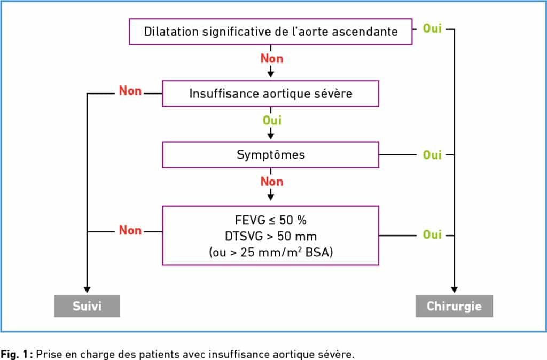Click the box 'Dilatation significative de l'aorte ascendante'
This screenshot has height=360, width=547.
[x=271, y=32]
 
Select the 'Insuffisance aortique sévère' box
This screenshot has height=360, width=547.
[x=271, y=93]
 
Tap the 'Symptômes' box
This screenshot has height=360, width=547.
[x=271, y=154]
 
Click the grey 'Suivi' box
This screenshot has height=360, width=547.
[x=87, y=306]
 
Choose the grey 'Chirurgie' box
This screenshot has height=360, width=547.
[x=454, y=306]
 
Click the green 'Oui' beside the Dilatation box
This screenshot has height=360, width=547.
[x=432, y=28]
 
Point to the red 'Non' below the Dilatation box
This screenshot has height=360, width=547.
[x=272, y=59]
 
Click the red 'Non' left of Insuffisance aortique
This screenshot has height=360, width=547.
[x=130, y=91]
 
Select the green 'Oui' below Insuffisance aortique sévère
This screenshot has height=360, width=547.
[x=272, y=120]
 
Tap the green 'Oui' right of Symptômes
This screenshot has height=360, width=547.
[x=432, y=155]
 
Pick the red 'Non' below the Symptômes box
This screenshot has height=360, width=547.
[x=272, y=182]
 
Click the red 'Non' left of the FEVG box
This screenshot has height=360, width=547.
[x=130, y=230]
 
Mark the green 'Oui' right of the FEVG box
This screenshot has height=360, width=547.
[x=432, y=235]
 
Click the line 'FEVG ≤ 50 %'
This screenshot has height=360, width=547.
[x=271, y=220]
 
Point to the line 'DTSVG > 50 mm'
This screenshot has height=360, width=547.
[x=271, y=236]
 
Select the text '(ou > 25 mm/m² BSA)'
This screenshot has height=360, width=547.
[x=271, y=252]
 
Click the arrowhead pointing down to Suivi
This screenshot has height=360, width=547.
[x=87, y=289]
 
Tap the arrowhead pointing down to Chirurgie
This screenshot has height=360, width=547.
[x=454, y=289]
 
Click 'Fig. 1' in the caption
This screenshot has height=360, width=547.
[x=14, y=354]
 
